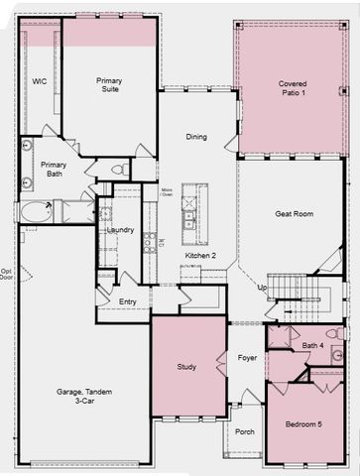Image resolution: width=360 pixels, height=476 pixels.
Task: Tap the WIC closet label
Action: (x=41, y=81)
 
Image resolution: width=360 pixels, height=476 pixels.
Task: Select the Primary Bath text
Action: (x=54, y=170)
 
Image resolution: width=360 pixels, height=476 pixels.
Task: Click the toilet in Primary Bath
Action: (x=117, y=169)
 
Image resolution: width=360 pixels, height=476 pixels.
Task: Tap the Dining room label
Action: (x=196, y=137)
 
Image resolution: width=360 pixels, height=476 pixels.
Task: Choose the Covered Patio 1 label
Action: (x=292, y=89)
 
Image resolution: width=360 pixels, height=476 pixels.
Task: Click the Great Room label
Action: (x=294, y=213)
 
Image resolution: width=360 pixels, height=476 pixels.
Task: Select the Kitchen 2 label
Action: (x=200, y=256)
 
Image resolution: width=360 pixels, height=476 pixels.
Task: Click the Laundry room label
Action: (x=120, y=230)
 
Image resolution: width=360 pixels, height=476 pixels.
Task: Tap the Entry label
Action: (x=128, y=301)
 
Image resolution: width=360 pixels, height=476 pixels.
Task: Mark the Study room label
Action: (x=186, y=366)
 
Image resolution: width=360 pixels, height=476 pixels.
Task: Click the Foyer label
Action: (x=247, y=360)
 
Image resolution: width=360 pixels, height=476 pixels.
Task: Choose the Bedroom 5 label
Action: (x=303, y=424)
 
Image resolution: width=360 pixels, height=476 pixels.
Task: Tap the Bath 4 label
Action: (x=313, y=345)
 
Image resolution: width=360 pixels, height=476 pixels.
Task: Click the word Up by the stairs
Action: (x=263, y=287)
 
